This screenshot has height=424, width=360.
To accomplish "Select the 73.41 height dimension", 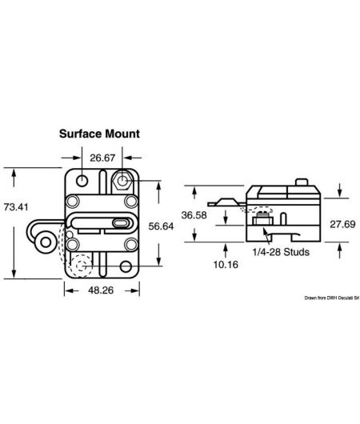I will pyautogui.click(x=15, y=208).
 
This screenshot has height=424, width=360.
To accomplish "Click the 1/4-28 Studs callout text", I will pyautogui.click(x=276, y=251).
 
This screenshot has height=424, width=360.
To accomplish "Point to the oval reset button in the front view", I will pyautogui.click(x=121, y=222).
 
